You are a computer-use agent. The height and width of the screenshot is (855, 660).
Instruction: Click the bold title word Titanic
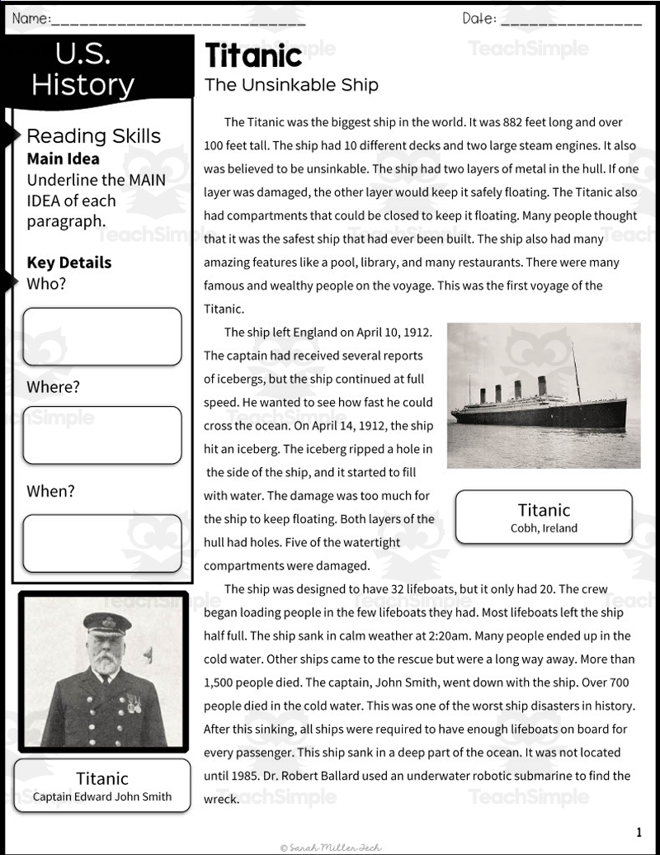pos(253,56)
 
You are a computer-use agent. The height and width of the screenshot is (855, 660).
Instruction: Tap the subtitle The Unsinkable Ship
pos(291,84)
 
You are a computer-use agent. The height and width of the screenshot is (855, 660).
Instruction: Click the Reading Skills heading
pos(94,136)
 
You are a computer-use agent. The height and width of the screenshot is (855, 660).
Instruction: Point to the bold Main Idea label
pos(63,158)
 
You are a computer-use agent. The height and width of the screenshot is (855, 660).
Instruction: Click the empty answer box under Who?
pos(101,336)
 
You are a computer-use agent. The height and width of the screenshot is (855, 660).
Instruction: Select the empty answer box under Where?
pos(101,435)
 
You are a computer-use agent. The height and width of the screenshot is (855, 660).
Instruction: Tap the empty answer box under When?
pos(101,543)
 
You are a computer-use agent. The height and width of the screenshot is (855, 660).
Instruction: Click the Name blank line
pos(177,20)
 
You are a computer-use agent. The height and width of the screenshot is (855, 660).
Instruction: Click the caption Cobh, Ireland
pos(544,528)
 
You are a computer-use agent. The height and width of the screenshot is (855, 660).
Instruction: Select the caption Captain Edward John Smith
pos(102,796)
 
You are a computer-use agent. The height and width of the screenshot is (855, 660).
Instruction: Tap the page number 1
pos(639,832)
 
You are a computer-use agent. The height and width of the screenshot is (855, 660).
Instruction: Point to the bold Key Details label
pos(69,262)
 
